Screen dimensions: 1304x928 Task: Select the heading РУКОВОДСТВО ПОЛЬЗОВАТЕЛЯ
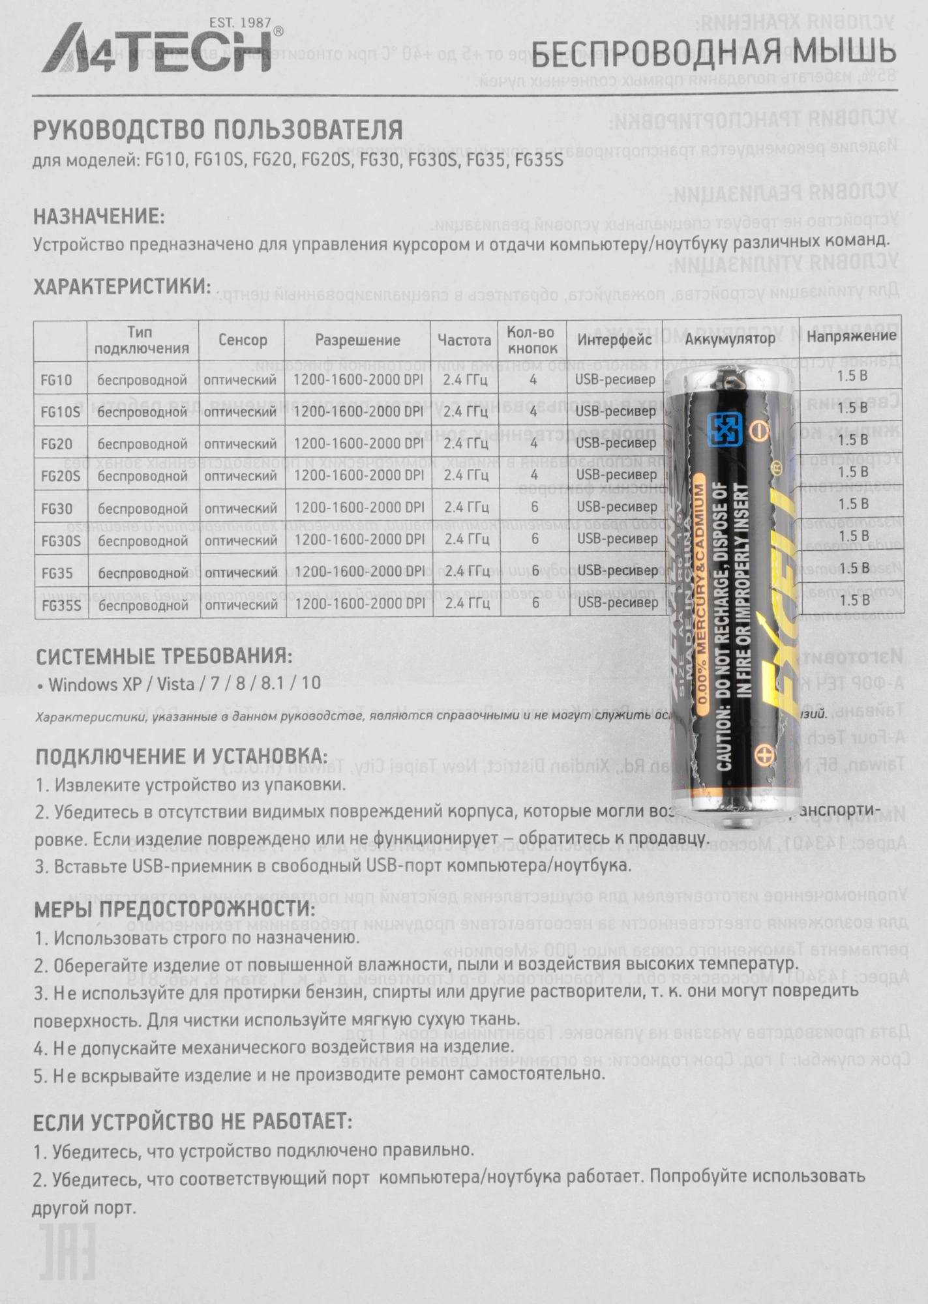(x=218, y=130)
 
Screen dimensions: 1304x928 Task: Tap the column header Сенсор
(x=243, y=340)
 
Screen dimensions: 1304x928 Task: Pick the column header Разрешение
(x=357, y=340)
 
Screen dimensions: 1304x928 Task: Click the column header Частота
(x=464, y=340)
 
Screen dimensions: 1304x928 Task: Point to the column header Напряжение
(x=852, y=336)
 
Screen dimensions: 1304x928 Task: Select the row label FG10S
(x=60, y=412)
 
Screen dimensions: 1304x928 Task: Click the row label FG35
(x=57, y=573)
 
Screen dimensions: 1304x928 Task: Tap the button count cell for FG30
(x=534, y=507)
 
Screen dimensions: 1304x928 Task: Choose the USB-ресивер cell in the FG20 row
(x=616, y=443)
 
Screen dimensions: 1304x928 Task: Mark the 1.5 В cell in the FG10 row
(x=852, y=376)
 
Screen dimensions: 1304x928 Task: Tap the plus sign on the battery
(x=763, y=756)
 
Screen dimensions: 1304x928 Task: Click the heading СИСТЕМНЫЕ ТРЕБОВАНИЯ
(x=164, y=656)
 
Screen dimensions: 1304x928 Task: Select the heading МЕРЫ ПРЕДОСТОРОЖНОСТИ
(x=175, y=910)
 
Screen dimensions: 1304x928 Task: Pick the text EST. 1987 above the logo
(x=239, y=23)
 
